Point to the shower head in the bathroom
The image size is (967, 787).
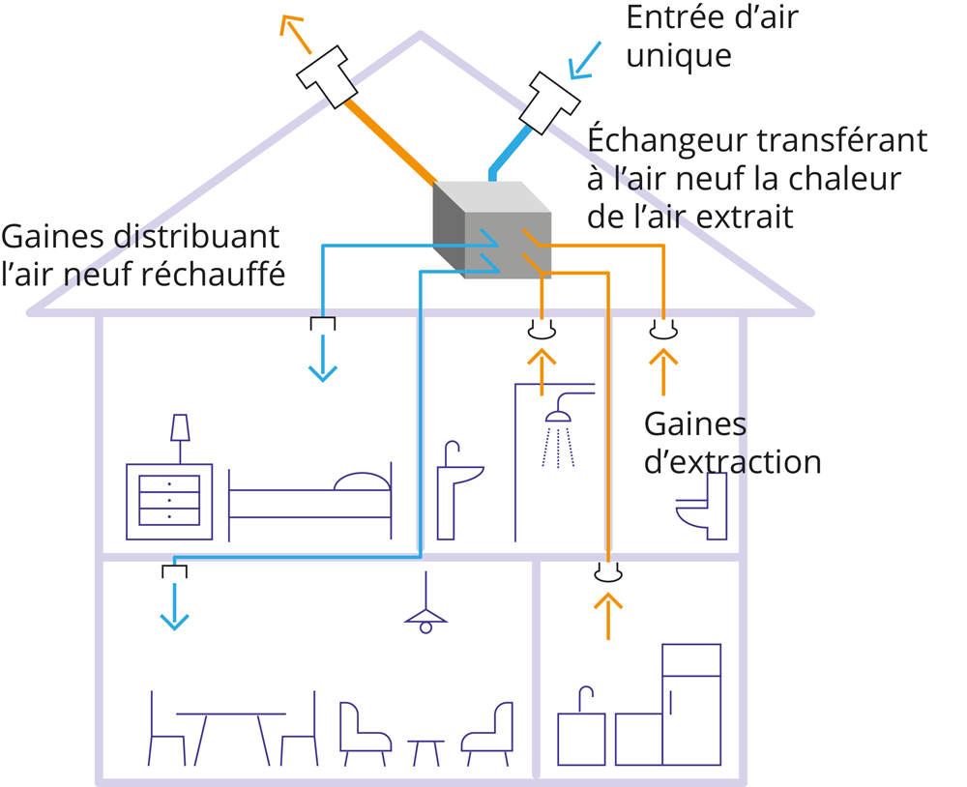point(557,416)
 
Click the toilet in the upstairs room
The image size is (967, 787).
point(703,508)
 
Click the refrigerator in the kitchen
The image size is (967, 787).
point(690,704)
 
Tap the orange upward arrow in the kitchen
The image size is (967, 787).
point(607,614)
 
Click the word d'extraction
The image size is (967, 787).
point(732,462)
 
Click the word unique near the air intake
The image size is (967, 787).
point(678,55)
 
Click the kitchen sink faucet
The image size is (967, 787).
point(583,698)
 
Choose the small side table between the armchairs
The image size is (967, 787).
point(425,751)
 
